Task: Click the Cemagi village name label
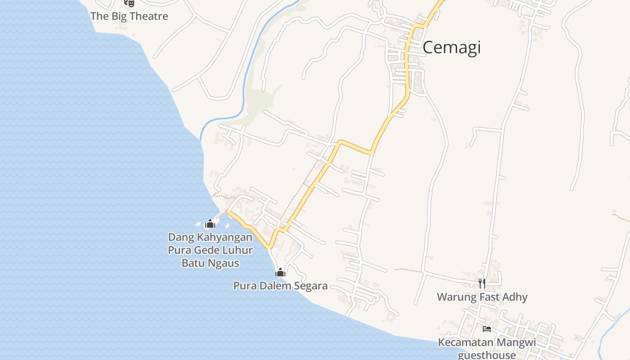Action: point(451,47)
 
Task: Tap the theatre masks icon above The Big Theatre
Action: point(130,3)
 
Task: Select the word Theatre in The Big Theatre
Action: point(147,16)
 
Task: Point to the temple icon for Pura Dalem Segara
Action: point(280,272)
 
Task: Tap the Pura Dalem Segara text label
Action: point(280,286)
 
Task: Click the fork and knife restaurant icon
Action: point(482,283)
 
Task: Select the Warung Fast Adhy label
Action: point(482,297)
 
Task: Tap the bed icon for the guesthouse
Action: point(487,329)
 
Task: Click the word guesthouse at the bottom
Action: point(487,355)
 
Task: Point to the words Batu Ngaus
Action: point(210,263)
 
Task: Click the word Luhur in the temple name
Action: point(237,250)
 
